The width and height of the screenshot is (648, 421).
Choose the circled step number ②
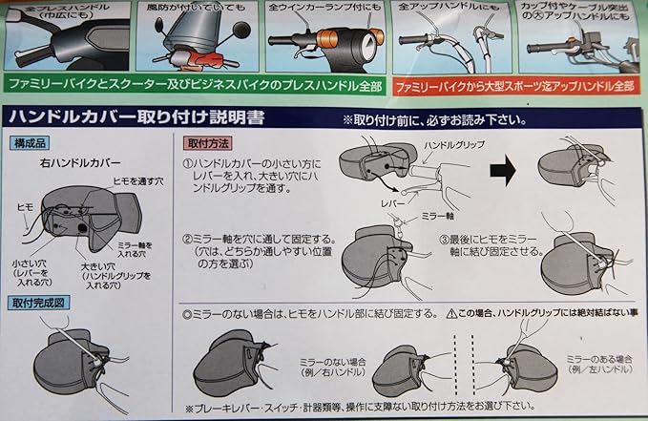pos(189,239)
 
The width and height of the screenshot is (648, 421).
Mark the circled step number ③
pos(445,239)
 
